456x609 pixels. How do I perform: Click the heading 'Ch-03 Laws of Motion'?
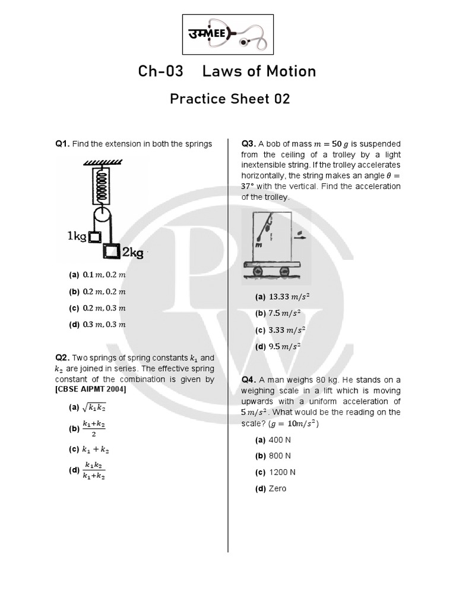pos(227,71)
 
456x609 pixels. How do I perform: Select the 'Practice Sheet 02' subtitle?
pos(230,99)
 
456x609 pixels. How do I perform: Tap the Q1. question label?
pos(63,144)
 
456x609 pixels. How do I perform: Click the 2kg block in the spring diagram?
pos(110,252)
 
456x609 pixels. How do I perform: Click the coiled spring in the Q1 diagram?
pos(102,185)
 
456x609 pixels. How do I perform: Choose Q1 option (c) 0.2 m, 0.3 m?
pos(98,308)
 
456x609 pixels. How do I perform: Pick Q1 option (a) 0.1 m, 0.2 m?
pos(98,275)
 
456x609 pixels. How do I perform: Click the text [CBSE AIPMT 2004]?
pos(91,390)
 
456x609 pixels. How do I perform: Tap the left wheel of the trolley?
pos(258,271)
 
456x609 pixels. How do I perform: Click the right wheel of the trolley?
pos(284,271)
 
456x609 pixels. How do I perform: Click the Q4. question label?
pos(249,380)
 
